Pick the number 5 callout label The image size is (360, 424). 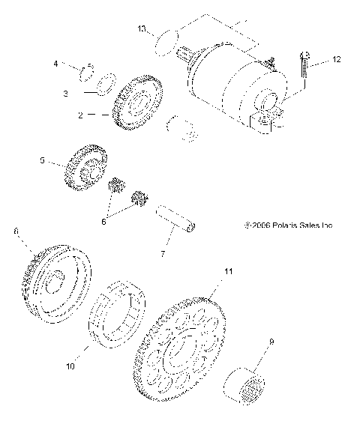[43, 160]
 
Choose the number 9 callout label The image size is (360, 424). [271, 342]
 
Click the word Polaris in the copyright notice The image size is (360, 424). [277, 225]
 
